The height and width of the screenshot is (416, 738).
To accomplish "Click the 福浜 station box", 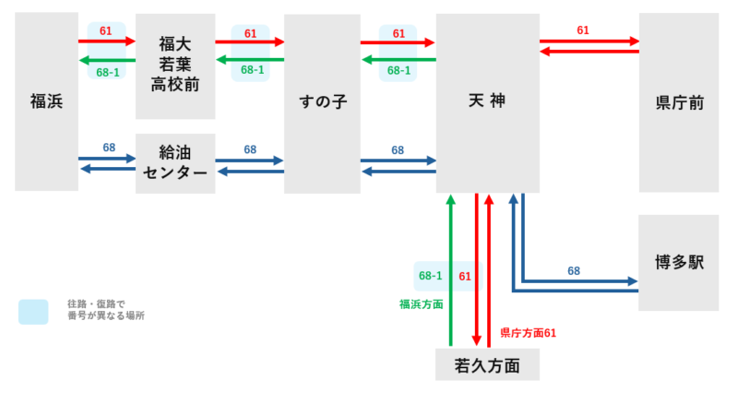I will [46, 101].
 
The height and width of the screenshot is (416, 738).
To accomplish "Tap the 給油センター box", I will [175, 163].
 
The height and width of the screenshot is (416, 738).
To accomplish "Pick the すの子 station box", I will [322, 102].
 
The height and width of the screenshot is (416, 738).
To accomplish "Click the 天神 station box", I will [487, 101].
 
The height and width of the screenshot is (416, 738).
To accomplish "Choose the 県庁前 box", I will [678, 102].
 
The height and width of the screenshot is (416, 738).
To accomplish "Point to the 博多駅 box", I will [678, 263].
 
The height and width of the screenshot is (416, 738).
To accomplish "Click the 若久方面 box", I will [487, 365].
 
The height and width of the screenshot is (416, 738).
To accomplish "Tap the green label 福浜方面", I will [421, 303].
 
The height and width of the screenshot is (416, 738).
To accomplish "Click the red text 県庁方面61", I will [528, 333].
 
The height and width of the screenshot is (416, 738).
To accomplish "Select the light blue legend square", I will [33, 312].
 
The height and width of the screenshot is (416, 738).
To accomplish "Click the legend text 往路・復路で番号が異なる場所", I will [106, 310].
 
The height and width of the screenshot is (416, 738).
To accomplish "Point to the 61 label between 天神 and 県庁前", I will [583, 30].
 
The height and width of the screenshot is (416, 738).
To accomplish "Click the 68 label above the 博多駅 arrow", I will [574, 271].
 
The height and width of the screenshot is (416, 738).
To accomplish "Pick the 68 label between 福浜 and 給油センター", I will [109, 148].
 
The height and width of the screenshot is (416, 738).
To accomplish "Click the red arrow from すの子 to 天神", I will [397, 42].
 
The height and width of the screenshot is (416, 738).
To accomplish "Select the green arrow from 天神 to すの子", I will [397, 60].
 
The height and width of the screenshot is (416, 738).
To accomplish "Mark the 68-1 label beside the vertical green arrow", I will [431, 276].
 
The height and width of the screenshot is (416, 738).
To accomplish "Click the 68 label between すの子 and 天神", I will [398, 149].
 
